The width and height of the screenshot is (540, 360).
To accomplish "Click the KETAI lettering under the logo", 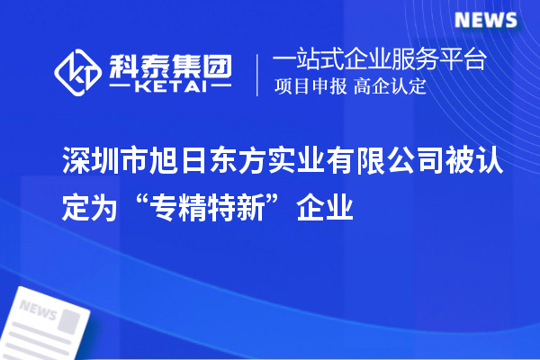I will point(170,88).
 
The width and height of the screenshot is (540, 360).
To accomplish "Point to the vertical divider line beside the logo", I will point(258,75).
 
